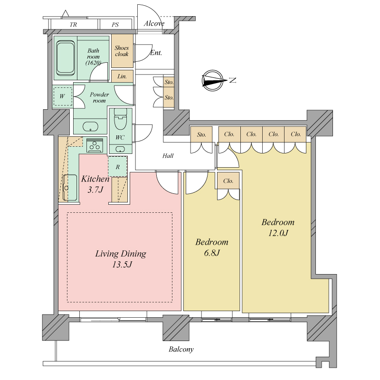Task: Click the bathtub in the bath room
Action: (x=65, y=57)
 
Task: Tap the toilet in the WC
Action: (x=121, y=119)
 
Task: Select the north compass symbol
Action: (x=213, y=81)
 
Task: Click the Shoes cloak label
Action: (x=122, y=51)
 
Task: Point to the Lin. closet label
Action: (x=122, y=76)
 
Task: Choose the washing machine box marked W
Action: (x=63, y=96)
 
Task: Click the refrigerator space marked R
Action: (x=117, y=167)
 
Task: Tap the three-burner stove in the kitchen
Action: (x=95, y=145)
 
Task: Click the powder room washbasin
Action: (x=90, y=127)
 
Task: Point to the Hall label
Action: (x=168, y=156)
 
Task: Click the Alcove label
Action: (x=154, y=23)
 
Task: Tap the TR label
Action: (x=73, y=25)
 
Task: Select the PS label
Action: (x=115, y=25)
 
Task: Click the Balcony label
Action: (x=181, y=349)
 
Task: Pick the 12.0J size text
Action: (x=278, y=233)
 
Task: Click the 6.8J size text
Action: (x=212, y=253)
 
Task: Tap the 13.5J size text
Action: (x=122, y=265)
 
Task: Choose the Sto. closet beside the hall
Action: (x=201, y=134)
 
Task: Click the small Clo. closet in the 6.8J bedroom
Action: (x=228, y=181)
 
